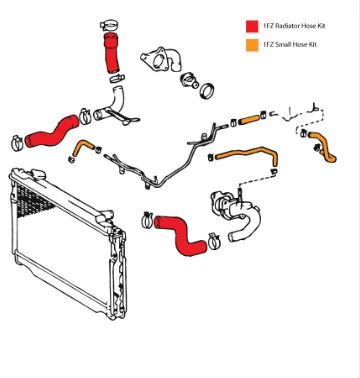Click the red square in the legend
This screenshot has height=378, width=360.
pos(252,26)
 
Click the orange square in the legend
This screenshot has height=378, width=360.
pos(252,45)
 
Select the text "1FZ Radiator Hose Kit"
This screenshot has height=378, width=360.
pos(294,26)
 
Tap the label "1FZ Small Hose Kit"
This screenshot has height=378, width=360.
pos(290,45)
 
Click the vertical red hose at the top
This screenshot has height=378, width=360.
pos(111,53)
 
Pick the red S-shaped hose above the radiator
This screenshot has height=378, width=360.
pos(53,133)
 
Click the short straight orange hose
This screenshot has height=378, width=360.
pos(250,120)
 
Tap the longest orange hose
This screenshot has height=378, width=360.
pos(247,154)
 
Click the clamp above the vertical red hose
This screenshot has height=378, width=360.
pos(109,24)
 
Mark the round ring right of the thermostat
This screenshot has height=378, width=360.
pos(207,90)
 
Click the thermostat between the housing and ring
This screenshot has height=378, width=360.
pos(190,80)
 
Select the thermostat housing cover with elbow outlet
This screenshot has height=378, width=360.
pos(161,59)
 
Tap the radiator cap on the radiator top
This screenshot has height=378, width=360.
pos(38,173)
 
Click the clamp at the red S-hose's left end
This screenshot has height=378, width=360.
pos(17,143)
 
